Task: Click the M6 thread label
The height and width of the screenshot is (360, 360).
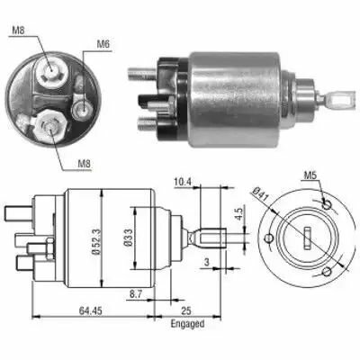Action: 103,42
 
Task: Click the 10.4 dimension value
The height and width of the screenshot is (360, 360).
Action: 183,181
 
